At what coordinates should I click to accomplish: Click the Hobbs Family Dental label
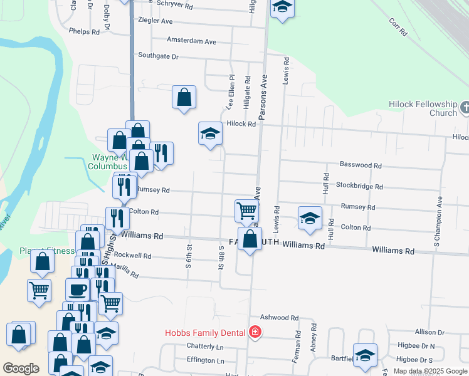tap(205, 333)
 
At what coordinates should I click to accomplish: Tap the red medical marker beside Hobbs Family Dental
tap(255, 332)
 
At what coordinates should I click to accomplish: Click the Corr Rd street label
tap(398, 26)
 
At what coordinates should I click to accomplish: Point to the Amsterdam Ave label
tap(191, 41)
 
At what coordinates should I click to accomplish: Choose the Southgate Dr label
tap(159, 56)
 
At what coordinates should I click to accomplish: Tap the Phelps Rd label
tap(85, 31)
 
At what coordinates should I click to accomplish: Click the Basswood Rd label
tap(361, 165)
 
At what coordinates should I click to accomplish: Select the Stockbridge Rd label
tap(359, 186)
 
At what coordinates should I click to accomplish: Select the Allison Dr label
tap(429, 332)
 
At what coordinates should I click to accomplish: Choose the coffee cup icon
tap(78, 290)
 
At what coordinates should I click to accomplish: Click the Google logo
tap(21, 368)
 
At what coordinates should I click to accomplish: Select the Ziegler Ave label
tap(155, 21)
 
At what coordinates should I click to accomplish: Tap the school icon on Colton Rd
tap(310, 218)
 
